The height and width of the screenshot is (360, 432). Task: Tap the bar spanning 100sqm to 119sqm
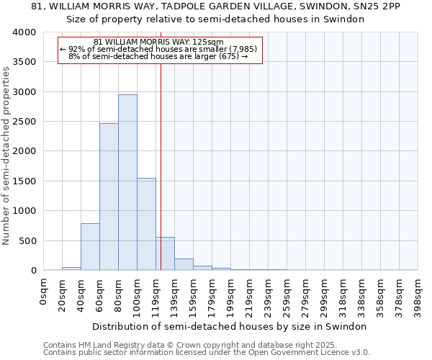(x=146, y=224)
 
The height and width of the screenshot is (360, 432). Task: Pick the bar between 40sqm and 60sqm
(x=90, y=247)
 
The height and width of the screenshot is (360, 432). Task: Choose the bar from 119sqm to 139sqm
(x=165, y=253)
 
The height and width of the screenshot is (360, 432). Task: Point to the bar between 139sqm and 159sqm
(x=184, y=264)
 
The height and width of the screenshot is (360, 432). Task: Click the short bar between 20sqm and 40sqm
(x=71, y=269)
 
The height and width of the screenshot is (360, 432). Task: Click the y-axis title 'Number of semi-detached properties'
(x=6, y=155)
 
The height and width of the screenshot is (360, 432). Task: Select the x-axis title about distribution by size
(x=230, y=326)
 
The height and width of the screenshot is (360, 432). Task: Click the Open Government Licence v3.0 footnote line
(x=207, y=352)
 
